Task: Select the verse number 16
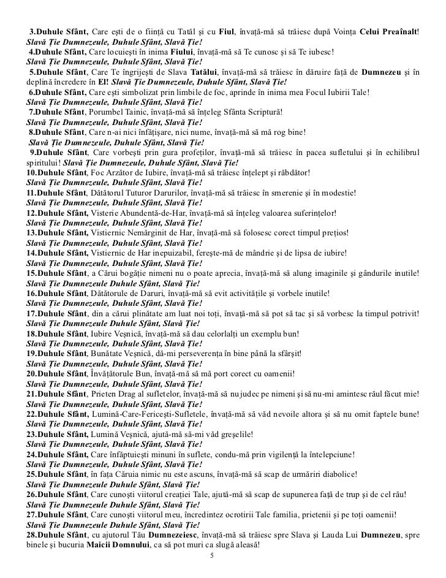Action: (32, 294)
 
